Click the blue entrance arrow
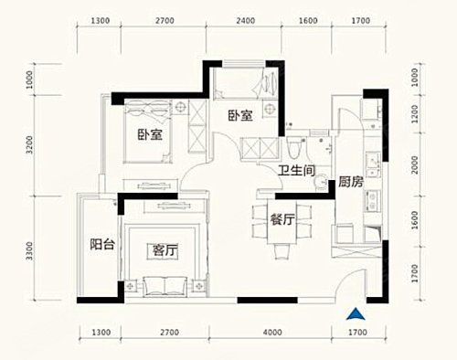point(356,315)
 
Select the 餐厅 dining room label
point(282,219)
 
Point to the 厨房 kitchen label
point(351,182)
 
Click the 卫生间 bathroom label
point(296,171)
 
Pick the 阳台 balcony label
point(102,244)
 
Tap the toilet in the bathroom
point(294,148)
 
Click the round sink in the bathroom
point(321,182)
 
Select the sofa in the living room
point(165,286)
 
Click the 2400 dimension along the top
point(246,21)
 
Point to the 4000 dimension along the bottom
point(272,332)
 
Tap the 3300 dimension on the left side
point(29,251)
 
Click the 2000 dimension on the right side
point(415,164)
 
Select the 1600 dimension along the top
point(308,21)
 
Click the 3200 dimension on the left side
point(29,145)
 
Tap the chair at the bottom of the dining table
point(282,252)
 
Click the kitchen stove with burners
point(372,201)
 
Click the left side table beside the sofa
point(131,286)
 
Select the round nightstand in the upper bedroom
point(270,109)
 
